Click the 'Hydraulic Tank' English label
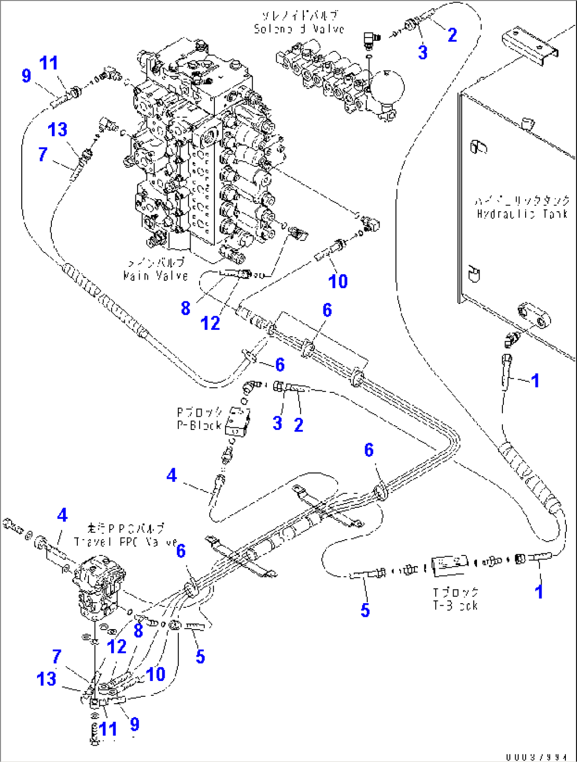tap(522, 214)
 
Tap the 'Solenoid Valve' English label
tap(299, 29)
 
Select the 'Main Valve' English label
tap(155, 275)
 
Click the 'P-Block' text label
tap(199, 425)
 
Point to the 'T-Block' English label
tap(455, 605)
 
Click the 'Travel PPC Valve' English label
tap(126, 542)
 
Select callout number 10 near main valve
tap(338, 281)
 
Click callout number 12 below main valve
tap(210, 323)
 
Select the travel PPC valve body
tap(99, 585)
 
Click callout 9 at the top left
tap(26, 76)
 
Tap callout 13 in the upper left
tap(57, 130)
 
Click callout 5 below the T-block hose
tap(365, 610)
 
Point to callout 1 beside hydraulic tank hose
tap(535, 380)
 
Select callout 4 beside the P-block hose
tap(172, 475)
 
